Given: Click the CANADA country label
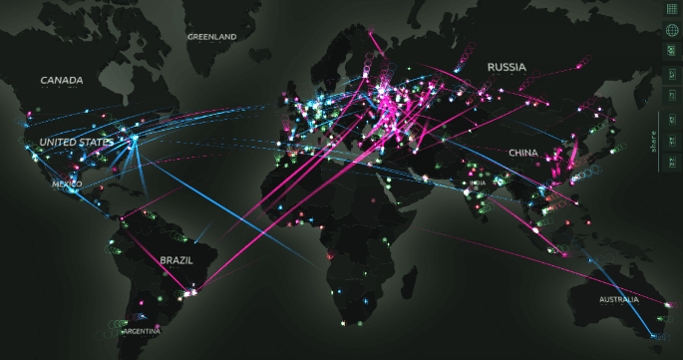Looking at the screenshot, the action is coord(62,80).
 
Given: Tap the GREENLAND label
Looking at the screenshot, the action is coord(211,37).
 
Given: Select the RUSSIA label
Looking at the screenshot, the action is coord(506,68).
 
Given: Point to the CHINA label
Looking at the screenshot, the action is coord(522,153).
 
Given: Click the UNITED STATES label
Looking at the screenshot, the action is coord(76,143).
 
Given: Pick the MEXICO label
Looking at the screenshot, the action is coord(68,183).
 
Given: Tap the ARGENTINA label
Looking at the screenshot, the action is coord(140,330).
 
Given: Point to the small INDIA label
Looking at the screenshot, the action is coord(479,183).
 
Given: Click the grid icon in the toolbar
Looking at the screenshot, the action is coord(672,8).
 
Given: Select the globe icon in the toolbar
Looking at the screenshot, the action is coord(672,29).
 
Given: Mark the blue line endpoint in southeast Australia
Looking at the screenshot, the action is coord(656,335).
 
